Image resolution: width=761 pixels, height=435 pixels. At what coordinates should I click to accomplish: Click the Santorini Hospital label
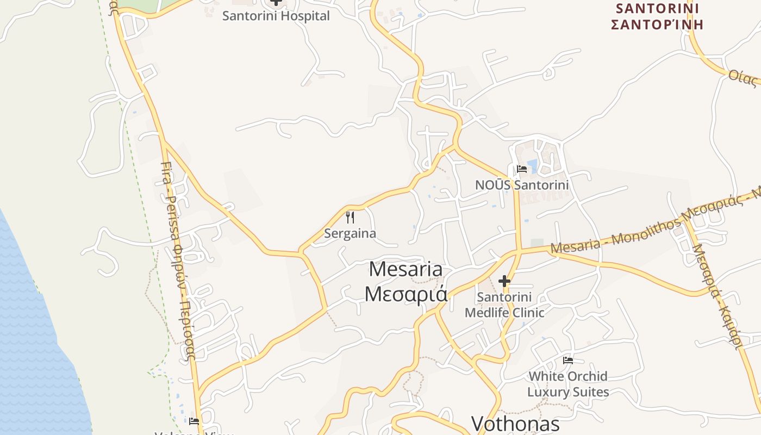click(276, 16)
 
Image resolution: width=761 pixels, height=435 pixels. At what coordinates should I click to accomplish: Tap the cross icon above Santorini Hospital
click(276, 2)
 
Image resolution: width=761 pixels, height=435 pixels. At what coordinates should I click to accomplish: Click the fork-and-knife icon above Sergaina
click(350, 218)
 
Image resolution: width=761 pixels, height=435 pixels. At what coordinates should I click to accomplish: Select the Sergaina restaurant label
click(350, 233)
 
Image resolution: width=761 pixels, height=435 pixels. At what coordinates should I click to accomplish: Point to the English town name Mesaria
click(406, 269)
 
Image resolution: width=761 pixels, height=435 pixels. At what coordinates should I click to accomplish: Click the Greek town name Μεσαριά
click(406, 294)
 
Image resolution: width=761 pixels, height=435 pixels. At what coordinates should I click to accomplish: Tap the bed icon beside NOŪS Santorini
click(522, 169)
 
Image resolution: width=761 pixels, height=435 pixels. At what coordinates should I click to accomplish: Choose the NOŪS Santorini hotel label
click(522, 185)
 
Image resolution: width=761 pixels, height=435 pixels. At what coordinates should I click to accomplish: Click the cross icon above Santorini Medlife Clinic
click(504, 281)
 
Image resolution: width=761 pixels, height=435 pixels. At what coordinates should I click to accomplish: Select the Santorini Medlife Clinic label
click(504, 305)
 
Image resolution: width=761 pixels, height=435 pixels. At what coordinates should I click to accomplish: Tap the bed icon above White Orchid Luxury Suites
click(568, 360)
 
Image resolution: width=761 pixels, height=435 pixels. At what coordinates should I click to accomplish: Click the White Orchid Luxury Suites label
click(568, 384)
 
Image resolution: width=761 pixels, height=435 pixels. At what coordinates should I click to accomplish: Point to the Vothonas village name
click(515, 424)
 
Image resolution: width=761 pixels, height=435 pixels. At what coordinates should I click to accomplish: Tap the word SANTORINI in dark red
click(657, 9)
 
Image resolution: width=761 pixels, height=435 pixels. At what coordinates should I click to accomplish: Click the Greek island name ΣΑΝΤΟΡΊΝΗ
click(657, 24)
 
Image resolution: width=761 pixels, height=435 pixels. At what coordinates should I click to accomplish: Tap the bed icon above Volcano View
click(194, 421)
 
